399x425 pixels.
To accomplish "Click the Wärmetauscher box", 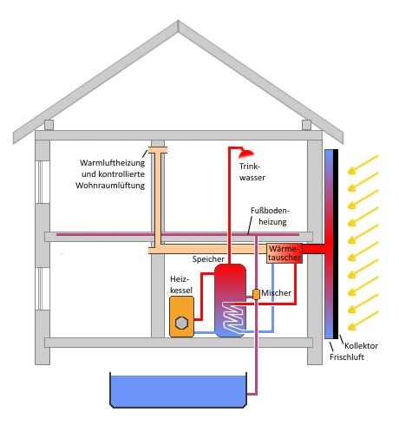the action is tap(285, 253).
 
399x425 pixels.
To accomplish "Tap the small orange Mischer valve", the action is tap(256, 294).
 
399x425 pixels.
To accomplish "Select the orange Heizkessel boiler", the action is tap(181, 317).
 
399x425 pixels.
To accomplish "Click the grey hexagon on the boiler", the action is tap(181, 323).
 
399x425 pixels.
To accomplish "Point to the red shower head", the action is tap(246, 154).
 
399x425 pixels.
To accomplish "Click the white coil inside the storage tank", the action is tap(233, 317).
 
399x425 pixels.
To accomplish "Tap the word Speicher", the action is tap(208, 259).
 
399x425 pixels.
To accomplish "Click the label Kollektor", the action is tap(361, 345).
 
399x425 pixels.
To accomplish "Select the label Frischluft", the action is tap(347, 356).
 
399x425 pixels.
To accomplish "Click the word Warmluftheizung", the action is tap(112, 163).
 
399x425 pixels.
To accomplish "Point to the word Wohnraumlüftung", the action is tap(110, 185).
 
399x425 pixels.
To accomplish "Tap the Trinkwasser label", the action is tap(252, 172).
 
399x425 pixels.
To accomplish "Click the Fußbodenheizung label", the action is tap(270, 216).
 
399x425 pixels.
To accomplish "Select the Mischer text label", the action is tap(276, 293).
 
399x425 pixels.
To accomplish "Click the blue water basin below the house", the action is tap(179, 390).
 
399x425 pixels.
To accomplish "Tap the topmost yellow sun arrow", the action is tap(363, 165).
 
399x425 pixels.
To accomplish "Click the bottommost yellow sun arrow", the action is tap(363, 321).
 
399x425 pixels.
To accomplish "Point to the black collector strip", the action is tap(336, 244).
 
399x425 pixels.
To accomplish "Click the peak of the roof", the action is tap(178, 21).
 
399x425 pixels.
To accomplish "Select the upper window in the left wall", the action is tap(43, 182).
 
